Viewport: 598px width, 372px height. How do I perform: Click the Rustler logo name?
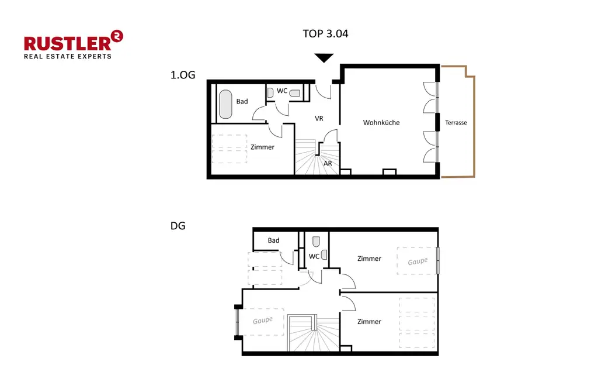click(x=68, y=43)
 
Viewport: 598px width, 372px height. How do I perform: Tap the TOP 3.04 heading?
click(x=325, y=33)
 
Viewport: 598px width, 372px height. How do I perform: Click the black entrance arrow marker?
click(x=324, y=57)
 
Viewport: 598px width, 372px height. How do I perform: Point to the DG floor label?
click(x=178, y=225)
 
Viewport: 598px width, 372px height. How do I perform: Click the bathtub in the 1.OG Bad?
click(x=225, y=104)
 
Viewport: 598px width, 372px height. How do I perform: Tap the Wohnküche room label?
click(x=381, y=123)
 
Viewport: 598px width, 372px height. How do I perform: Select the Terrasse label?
click(x=456, y=123)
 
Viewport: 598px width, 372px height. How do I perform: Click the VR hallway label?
click(x=319, y=118)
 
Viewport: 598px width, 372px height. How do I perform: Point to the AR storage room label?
click(x=328, y=164)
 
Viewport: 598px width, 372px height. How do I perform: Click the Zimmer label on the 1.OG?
click(x=262, y=147)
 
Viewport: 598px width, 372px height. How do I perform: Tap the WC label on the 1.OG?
click(x=282, y=91)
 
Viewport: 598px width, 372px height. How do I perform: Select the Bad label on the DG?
click(x=273, y=240)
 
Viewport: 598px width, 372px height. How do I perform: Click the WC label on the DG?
click(x=314, y=256)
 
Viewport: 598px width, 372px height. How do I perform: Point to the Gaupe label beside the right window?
click(x=418, y=261)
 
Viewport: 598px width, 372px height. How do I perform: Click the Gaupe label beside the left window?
click(x=263, y=321)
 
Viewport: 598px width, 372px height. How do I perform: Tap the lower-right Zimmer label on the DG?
click(x=369, y=322)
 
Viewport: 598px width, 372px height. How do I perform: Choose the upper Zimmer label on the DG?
click(x=369, y=259)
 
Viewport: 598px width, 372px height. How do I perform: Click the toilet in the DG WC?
click(x=316, y=241)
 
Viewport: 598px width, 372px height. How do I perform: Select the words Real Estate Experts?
click(x=67, y=56)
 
